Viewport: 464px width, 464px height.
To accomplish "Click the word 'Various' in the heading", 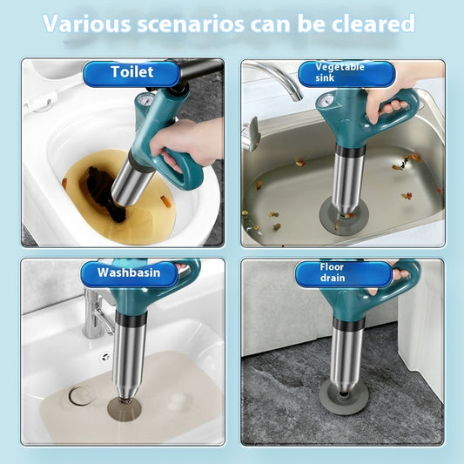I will click(88, 24).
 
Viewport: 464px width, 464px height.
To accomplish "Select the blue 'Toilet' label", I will click(131, 73).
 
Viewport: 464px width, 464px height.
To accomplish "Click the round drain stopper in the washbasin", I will click(81, 397).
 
